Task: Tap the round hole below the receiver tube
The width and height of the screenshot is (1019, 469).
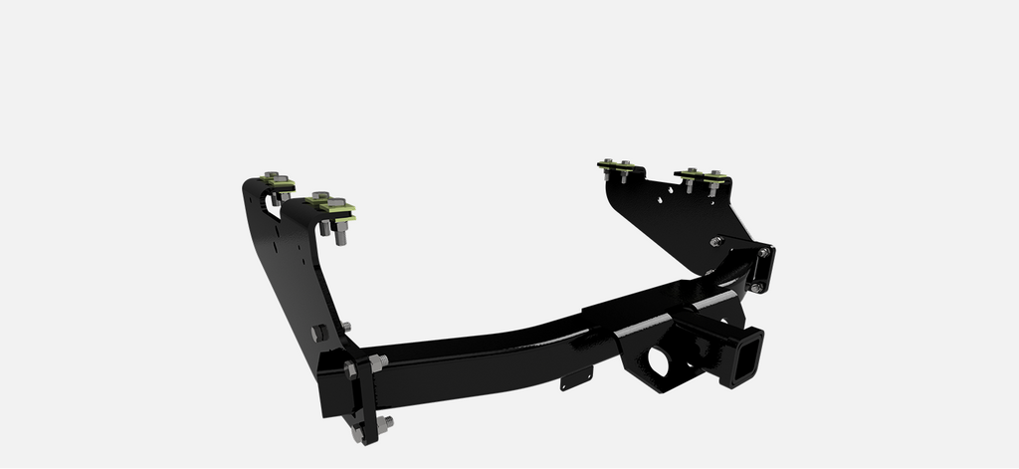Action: pos(659,360)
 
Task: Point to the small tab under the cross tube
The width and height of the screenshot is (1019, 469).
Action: pos(576,379)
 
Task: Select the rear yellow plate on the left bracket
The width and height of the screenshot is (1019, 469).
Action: pos(279,183)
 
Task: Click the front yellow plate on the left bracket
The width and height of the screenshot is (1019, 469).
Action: pos(331,206)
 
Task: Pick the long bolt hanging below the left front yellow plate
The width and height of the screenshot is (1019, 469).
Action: pos(341,235)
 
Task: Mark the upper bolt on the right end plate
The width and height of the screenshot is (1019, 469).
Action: pos(763,253)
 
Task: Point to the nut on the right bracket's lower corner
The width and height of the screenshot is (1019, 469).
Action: pos(715,242)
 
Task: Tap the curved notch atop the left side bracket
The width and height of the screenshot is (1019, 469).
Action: pos(269,203)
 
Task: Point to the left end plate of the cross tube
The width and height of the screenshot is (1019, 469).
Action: pos(366,398)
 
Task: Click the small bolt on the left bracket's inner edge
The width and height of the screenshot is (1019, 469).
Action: pos(345,326)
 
